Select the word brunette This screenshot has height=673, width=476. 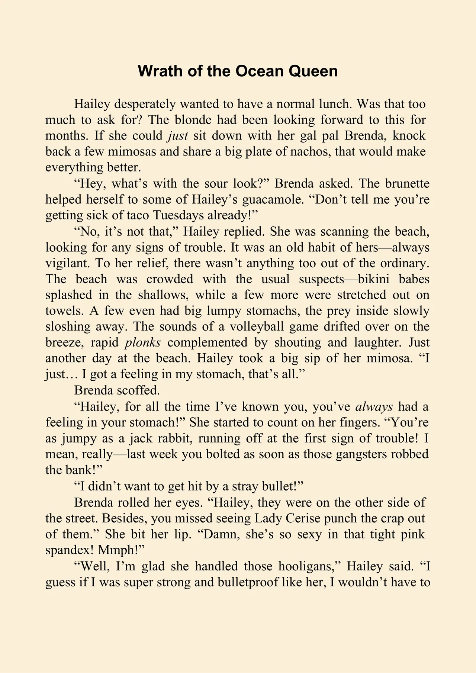(x=407, y=183)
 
